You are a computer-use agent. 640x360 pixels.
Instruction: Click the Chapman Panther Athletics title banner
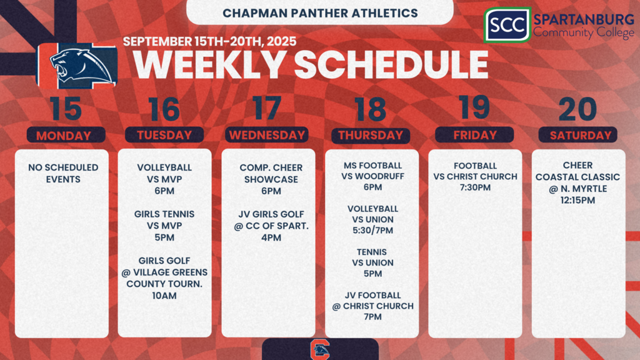(319, 12)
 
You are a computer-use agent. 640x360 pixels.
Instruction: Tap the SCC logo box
(507, 25)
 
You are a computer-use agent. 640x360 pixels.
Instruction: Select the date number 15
(66, 109)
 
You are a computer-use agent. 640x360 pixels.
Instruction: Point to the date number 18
(371, 109)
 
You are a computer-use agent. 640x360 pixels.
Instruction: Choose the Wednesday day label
(267, 135)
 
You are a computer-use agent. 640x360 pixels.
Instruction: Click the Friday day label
(474, 135)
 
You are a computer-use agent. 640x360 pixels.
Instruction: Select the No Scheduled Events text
(63, 173)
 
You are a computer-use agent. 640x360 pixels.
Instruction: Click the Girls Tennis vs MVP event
(164, 225)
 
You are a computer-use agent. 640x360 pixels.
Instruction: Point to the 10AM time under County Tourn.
(164, 296)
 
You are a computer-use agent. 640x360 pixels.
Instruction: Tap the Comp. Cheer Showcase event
(271, 179)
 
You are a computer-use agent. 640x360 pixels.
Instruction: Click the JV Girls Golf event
(271, 226)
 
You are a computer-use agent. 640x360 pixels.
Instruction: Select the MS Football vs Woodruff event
(372, 176)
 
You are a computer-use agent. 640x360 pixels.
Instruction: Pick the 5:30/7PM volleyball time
(372, 231)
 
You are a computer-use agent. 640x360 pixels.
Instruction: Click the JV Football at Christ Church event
(372, 306)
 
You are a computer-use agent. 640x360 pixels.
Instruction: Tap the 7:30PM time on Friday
(475, 187)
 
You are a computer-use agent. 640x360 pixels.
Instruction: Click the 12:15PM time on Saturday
(577, 201)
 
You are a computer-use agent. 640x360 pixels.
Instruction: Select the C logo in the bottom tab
(320, 349)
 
